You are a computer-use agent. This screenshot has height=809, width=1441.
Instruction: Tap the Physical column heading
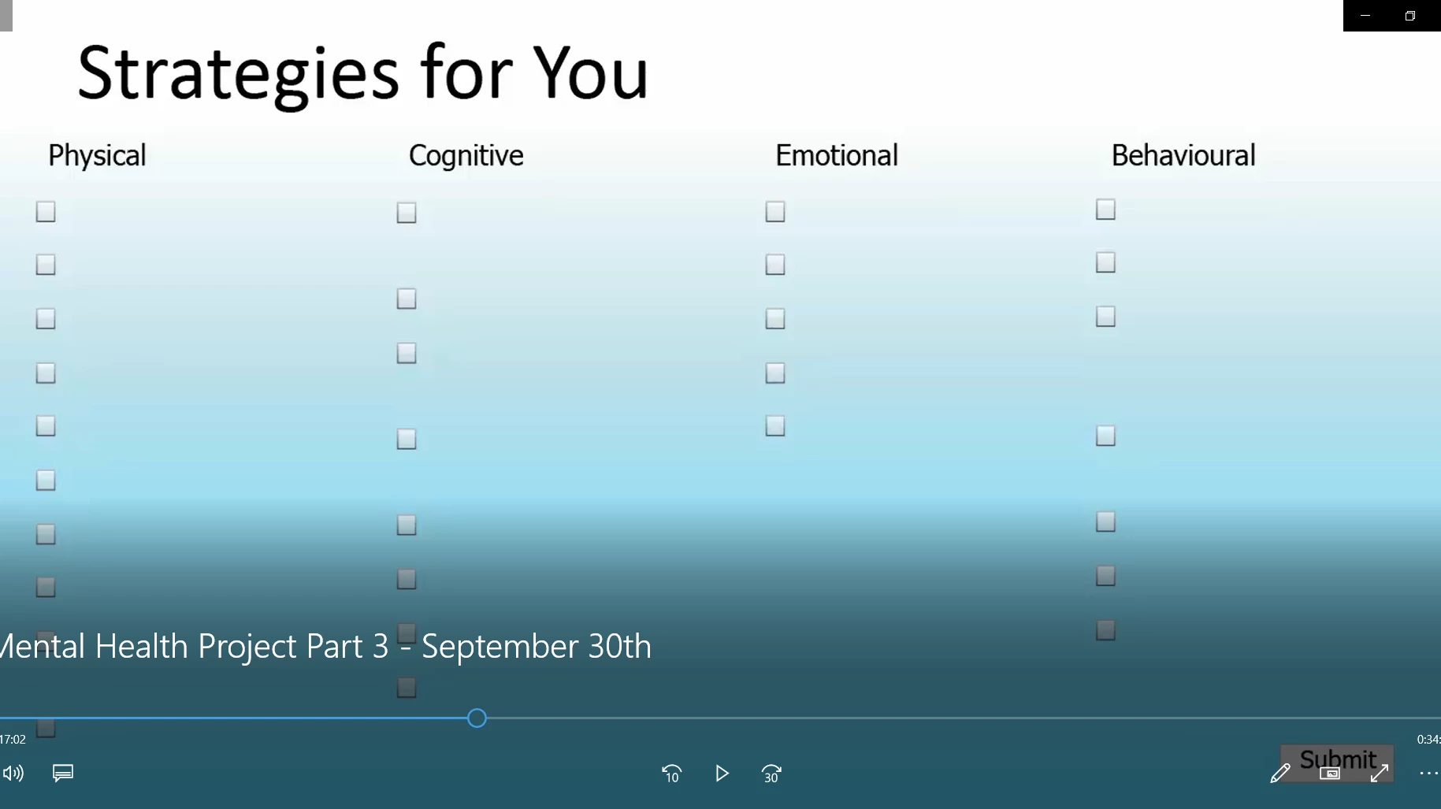point(97,156)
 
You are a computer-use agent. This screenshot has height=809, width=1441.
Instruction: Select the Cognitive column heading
point(466,156)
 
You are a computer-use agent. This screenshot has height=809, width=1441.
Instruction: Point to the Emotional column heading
point(837,155)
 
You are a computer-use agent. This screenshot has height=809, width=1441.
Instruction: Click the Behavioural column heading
point(1183,155)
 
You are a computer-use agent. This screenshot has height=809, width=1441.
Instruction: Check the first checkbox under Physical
point(46,212)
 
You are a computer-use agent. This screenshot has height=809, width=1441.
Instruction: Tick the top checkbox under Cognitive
point(407,213)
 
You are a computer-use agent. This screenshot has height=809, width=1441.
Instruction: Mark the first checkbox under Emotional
point(775,212)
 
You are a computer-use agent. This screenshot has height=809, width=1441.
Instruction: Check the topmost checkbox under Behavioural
point(1105,210)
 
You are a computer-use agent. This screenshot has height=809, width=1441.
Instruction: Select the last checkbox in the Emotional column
point(775,426)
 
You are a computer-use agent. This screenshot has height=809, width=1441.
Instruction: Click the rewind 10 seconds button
point(671,774)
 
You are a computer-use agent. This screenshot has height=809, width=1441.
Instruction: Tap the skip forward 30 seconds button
point(771,774)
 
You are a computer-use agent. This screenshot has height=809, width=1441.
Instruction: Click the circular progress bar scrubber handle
point(477,718)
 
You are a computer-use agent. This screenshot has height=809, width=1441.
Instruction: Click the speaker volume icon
point(13,774)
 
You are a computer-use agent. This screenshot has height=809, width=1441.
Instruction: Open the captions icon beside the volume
point(63,773)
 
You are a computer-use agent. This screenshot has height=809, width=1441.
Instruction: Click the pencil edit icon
point(1280,774)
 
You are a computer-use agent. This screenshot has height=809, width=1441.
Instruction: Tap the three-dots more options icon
point(1428,774)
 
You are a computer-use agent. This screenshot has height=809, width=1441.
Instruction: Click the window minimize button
point(1365,16)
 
